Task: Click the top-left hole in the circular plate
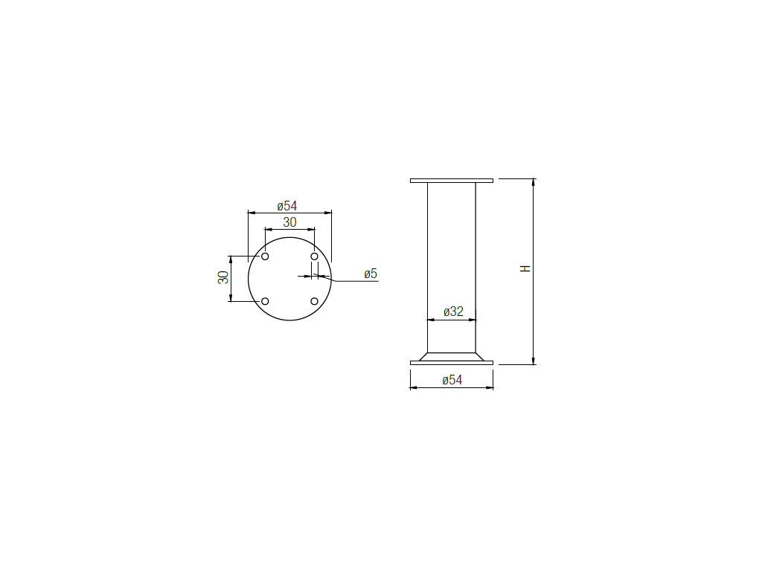[266, 256]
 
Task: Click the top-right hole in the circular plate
[315, 256]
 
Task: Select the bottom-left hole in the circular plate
[266, 302]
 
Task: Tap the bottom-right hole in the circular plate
[315, 302]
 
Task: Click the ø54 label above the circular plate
[287, 207]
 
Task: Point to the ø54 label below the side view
[452, 380]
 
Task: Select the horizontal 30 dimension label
[289, 222]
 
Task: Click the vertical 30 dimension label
[223, 278]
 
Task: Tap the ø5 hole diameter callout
[371, 274]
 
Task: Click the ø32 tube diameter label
[453, 312]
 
